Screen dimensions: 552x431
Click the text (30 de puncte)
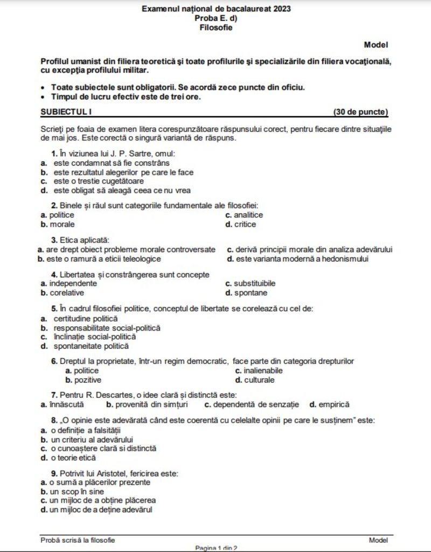(x=360, y=112)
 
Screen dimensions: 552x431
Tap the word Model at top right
(x=376, y=45)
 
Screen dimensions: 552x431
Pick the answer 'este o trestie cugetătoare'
(x=94, y=181)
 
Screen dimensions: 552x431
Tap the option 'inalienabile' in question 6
(x=263, y=371)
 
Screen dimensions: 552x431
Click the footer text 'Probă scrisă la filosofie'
(x=78, y=540)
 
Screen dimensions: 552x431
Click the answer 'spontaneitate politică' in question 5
(x=91, y=346)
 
